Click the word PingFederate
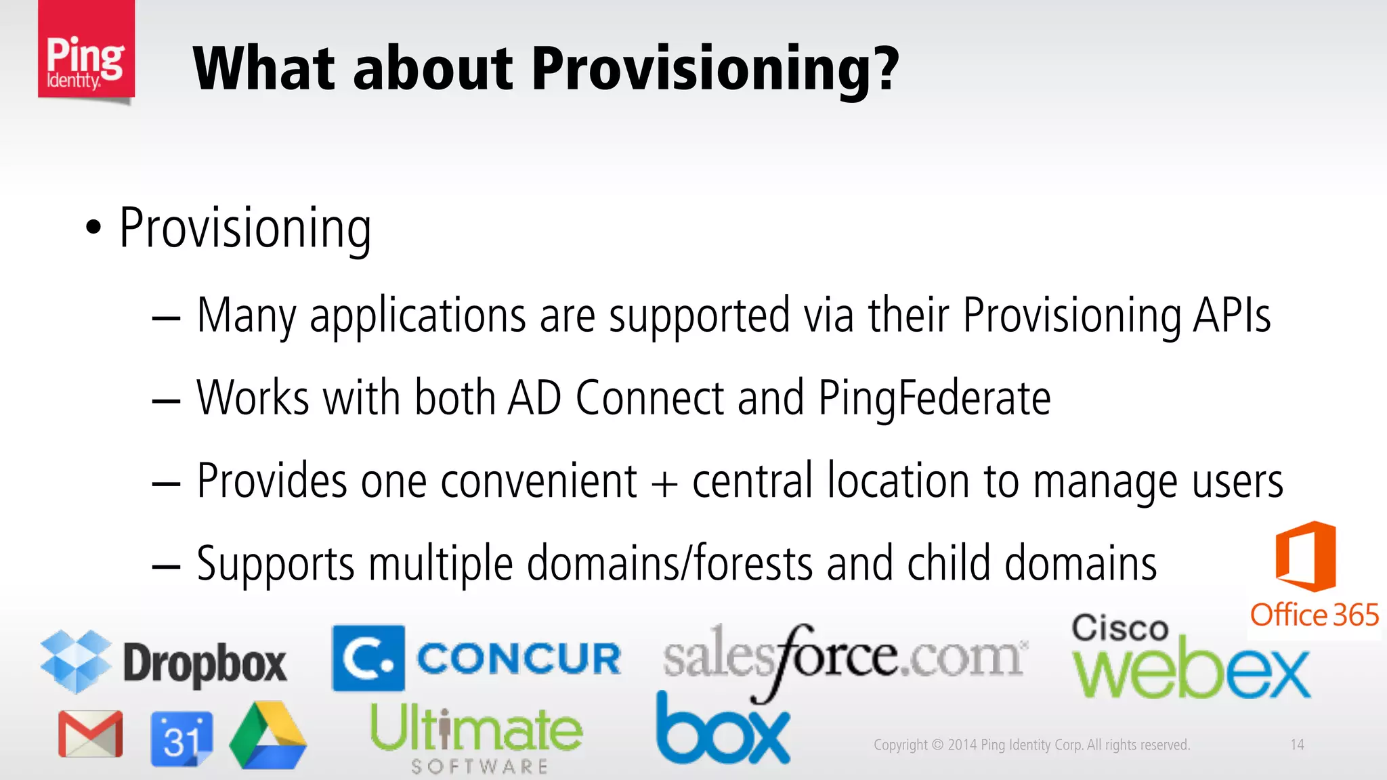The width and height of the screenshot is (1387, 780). click(x=935, y=398)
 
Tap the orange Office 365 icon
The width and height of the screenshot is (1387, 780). click(x=1305, y=557)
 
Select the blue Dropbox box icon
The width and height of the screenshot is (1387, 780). click(x=76, y=661)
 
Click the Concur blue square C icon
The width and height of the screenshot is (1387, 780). click(x=368, y=658)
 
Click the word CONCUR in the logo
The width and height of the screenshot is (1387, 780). click(x=518, y=659)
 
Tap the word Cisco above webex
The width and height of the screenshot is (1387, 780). click(x=1119, y=628)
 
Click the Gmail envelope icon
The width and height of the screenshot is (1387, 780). click(x=90, y=734)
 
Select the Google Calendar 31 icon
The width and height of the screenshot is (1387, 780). click(x=181, y=739)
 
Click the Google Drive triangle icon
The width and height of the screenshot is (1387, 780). click(x=268, y=737)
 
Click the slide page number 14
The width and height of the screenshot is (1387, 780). click(x=1297, y=745)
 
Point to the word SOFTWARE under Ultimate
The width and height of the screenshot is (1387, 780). click(x=479, y=766)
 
